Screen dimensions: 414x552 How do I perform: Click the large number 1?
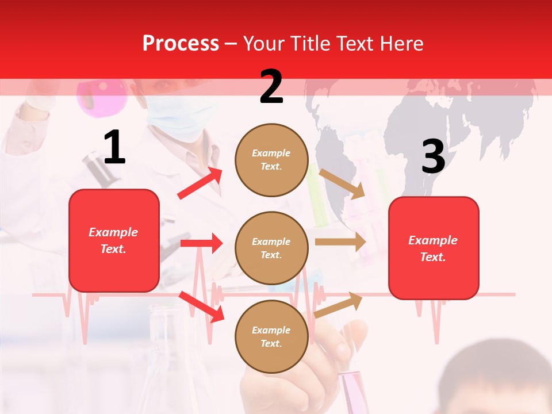click(x=114, y=148)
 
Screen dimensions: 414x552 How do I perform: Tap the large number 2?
click(x=271, y=87)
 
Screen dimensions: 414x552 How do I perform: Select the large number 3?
click(x=433, y=157)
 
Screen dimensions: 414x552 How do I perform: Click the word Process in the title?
click(x=181, y=43)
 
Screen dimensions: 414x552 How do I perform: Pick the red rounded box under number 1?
click(x=114, y=240)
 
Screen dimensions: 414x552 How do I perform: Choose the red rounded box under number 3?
click(x=433, y=248)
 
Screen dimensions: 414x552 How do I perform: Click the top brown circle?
click(x=271, y=160)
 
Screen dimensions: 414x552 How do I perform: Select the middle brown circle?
click(x=271, y=248)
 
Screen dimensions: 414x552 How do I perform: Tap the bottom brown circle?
click(x=271, y=336)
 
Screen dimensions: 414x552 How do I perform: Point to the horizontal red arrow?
click(x=201, y=243)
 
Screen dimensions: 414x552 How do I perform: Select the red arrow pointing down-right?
click(x=201, y=306)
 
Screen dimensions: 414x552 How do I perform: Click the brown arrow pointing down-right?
click(x=342, y=183)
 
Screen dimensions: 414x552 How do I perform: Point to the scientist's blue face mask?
click(x=178, y=115)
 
